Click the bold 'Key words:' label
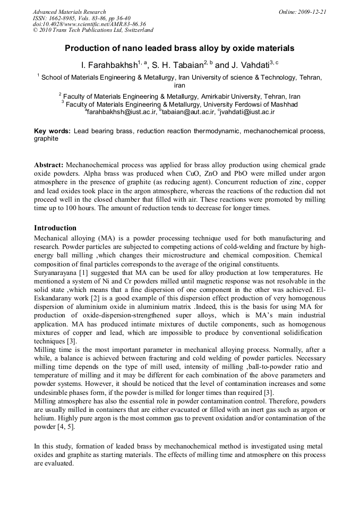[52, 131]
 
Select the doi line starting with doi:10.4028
[89, 24]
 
